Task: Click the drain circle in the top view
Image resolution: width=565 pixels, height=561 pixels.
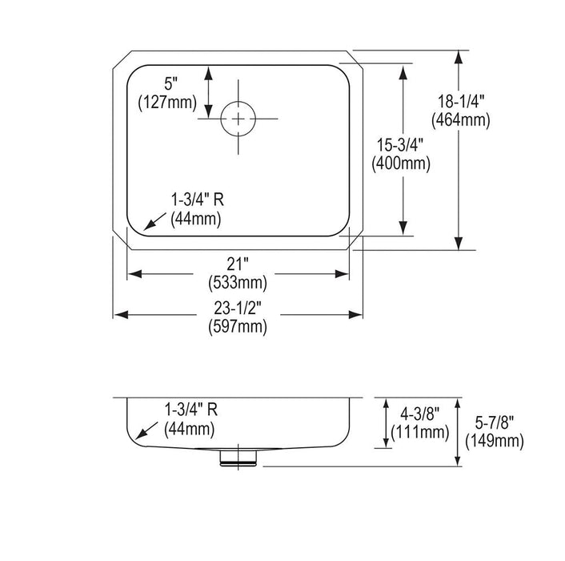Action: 221,119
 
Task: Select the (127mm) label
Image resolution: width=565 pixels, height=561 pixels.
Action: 167,103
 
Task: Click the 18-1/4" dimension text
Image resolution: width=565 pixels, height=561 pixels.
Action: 461,101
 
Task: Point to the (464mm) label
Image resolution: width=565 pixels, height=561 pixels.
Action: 461,119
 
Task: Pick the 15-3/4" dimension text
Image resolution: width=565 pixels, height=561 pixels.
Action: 400,145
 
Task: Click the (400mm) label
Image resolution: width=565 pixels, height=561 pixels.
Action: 401,163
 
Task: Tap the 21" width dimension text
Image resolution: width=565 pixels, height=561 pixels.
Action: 238,264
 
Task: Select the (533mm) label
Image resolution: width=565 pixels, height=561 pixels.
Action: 238,283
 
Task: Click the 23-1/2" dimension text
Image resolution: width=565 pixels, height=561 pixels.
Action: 238,309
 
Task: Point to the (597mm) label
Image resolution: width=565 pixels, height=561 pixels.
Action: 238,327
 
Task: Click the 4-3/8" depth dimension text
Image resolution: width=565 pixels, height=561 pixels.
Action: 420,414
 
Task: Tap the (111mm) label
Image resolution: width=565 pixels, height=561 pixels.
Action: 420,432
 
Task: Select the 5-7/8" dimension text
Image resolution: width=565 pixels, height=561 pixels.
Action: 495,422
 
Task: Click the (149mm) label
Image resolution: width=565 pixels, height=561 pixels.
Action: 495,441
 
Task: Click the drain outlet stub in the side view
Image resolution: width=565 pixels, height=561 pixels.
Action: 238,458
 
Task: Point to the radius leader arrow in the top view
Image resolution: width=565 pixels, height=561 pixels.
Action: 155,221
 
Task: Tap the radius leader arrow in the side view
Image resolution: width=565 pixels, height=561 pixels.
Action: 146,430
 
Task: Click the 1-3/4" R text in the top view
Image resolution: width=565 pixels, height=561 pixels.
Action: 197,200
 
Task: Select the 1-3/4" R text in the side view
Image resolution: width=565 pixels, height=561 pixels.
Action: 191,410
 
